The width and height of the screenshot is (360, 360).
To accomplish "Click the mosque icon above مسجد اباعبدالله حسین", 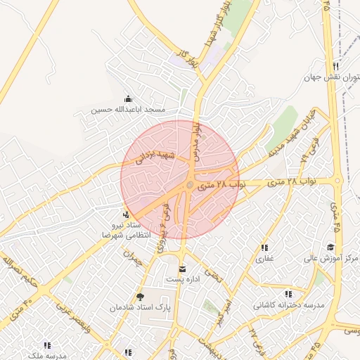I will (127, 99).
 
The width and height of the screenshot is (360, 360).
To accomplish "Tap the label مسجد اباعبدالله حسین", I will (128, 110).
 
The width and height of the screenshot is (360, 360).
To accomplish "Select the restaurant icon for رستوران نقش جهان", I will (335, 67).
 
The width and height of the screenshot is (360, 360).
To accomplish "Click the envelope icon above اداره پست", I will (183, 269).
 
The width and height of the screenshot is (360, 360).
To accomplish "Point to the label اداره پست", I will (183, 280).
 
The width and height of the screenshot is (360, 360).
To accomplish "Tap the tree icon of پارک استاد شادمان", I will (139, 297).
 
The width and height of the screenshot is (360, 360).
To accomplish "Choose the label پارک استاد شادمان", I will (140, 308).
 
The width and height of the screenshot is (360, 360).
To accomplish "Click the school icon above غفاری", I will (264, 247).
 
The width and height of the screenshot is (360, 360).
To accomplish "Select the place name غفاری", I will (264, 258).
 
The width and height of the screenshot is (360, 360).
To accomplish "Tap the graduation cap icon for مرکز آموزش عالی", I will (330, 247).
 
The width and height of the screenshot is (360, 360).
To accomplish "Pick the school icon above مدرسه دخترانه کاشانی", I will (288, 294).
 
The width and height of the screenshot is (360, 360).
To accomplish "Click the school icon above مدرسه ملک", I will (47, 345).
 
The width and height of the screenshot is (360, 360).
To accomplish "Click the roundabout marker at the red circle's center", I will (190, 185).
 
